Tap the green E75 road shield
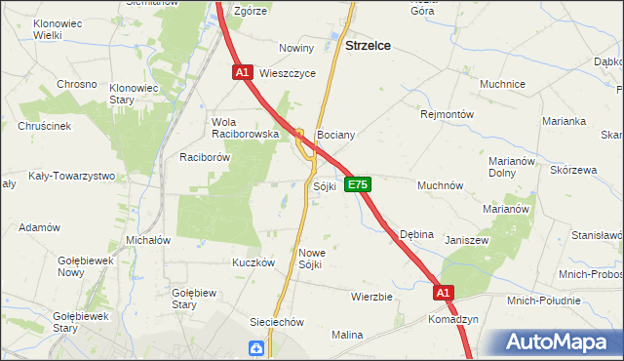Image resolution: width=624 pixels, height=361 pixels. pos(357,183)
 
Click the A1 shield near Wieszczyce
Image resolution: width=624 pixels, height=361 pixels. pos(243,72)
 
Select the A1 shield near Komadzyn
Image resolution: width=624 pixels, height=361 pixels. pos(444,292)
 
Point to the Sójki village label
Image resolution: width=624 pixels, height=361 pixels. pos(325,184)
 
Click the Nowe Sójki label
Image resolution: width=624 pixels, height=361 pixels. pos(310,259)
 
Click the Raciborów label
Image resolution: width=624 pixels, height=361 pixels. pos(204,156)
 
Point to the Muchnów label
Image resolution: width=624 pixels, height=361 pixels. pos(440,184)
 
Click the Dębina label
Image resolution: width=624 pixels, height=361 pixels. pos(417,234)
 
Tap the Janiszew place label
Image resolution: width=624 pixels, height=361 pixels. pos(466,239)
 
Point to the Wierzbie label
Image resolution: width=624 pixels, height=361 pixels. pos(371,296)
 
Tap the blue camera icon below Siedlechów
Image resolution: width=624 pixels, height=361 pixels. pos(256,347)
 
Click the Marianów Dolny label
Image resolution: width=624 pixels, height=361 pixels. pos(515,168)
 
